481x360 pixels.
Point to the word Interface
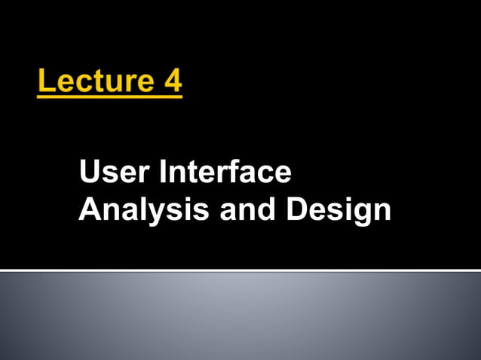[x=225, y=172]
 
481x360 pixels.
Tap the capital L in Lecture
[x=45, y=80]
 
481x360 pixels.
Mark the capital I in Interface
[x=161, y=172]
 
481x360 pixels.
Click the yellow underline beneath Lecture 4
[x=109, y=94]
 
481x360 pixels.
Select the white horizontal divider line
[x=240, y=270]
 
